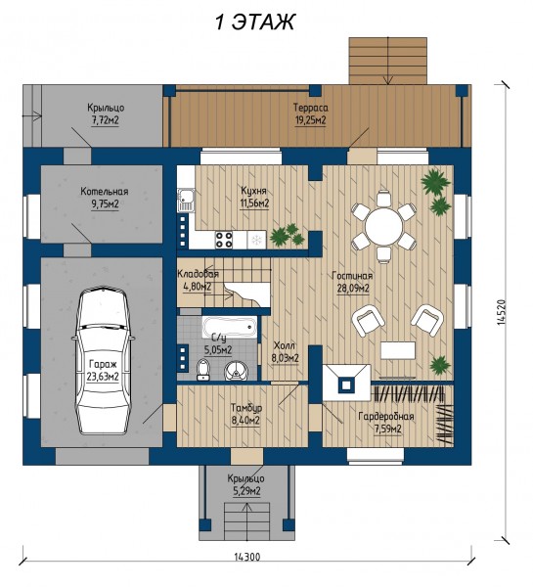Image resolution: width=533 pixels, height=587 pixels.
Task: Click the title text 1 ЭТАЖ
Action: pos(255,22)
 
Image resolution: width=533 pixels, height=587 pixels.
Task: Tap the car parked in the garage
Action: pos(103,362)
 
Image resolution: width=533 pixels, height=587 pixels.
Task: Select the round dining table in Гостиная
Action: pos(384,227)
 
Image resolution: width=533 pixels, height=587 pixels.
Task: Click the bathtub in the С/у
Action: pos(230,327)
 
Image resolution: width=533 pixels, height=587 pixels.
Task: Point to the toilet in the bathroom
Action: pos(203,370)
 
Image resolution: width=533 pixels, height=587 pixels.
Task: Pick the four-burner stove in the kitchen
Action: pos(224,240)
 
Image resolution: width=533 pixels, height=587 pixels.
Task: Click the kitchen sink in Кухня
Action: pos(185,200)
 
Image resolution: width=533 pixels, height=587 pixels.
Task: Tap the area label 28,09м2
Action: pos(353,289)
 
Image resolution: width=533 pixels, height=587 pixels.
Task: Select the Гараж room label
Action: pos(103,364)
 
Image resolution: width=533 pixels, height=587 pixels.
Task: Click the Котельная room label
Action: pos(105,192)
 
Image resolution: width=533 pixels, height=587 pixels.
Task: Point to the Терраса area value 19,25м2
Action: pos(310,120)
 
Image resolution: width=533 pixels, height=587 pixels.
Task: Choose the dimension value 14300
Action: pos(247,557)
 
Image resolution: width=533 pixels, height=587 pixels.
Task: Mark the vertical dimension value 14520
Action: pos(503,312)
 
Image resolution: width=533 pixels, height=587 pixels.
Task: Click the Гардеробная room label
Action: pos(386,417)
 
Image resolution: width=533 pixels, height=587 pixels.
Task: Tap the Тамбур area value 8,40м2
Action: pos(245,421)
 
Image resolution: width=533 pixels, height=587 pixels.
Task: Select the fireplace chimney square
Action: pos(346,384)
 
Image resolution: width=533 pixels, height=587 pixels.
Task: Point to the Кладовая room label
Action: pos(198,274)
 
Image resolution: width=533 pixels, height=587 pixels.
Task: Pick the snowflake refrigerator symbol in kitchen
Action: pos(257,240)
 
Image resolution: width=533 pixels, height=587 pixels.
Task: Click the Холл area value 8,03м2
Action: pos(285,358)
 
